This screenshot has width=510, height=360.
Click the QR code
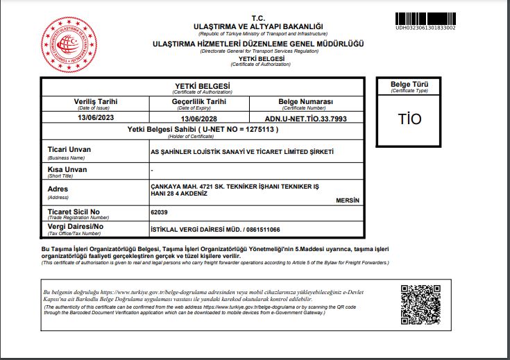tap(416, 300)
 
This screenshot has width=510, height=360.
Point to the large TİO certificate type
tap(409, 119)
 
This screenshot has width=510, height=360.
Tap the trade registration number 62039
tap(159, 211)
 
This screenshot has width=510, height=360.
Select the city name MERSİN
tap(347, 200)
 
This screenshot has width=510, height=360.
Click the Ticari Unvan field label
tap(69, 149)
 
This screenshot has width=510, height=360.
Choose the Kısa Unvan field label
tap(67, 169)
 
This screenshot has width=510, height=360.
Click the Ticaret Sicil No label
tap(74, 211)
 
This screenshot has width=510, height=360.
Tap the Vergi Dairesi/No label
tap(75, 226)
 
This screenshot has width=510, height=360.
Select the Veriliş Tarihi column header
tap(96, 101)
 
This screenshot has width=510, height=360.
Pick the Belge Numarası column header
tap(306, 101)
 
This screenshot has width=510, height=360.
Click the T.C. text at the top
tap(258, 18)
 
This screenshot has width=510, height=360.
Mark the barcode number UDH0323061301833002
tap(425, 28)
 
